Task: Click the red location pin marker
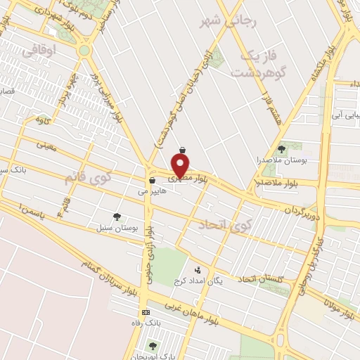181,166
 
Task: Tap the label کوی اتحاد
221,224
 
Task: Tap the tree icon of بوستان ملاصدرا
282,149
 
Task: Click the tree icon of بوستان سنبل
117,217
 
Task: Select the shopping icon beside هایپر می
152,181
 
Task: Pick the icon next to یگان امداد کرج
198,270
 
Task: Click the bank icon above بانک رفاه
146,312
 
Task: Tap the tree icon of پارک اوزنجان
153,345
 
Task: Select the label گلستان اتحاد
260,280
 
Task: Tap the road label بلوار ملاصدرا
278,182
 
